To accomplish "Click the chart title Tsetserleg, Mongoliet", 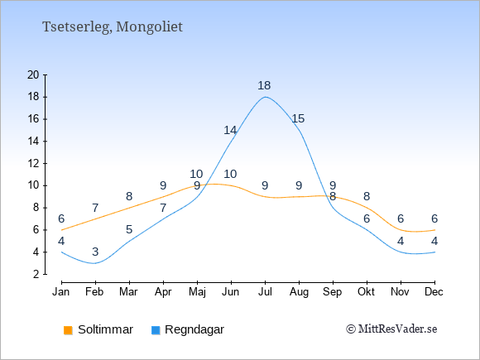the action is click(113, 27).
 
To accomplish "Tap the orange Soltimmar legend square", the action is click(68, 330).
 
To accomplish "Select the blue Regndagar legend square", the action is click(156, 330).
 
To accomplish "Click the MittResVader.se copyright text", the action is click(391, 329).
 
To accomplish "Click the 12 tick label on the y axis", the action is click(33, 164).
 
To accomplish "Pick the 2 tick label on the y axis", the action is click(36, 274).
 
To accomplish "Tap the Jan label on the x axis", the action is click(61, 292).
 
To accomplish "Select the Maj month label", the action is click(197, 292).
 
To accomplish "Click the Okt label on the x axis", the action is click(366, 292).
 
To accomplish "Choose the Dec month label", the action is click(434, 292).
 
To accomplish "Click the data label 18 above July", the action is click(264, 86).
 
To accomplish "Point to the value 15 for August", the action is click(298, 118).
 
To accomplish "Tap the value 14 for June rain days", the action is click(230, 131).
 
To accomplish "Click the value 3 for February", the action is click(95, 252).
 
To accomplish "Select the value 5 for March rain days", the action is click(129, 229).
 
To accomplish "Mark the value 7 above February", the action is click(95, 209).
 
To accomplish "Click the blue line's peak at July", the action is click(265, 97).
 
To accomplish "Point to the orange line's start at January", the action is click(61, 230).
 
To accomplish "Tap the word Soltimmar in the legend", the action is click(106, 329).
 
